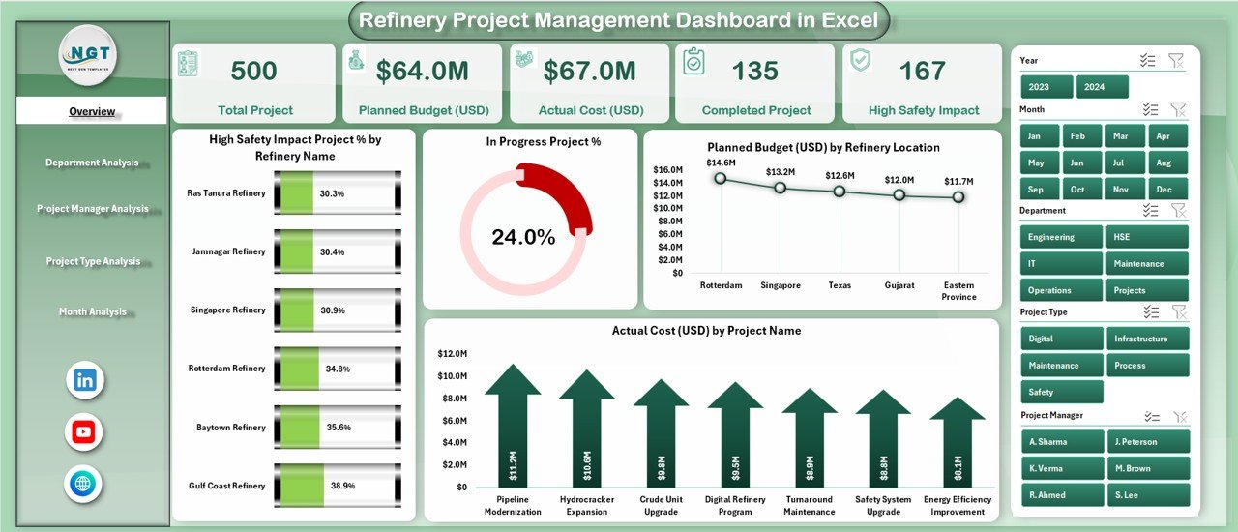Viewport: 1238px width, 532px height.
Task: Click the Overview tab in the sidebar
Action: coord(92,111)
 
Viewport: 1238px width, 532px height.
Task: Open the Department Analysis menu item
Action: coord(92,163)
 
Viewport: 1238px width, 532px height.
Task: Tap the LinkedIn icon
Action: coord(84,380)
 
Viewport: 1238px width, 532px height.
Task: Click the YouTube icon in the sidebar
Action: coord(84,432)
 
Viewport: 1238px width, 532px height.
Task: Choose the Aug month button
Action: coord(1164,163)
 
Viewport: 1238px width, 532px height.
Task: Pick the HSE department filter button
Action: coord(1147,237)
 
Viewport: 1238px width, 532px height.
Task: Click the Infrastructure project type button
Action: coord(1147,339)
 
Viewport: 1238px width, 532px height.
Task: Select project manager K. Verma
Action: coord(1061,468)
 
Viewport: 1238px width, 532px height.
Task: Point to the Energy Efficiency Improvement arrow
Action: coord(958,445)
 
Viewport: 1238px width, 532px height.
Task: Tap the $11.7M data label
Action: coord(958,181)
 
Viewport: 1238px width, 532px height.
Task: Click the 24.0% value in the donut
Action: coord(523,237)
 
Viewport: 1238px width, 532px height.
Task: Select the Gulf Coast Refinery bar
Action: coord(338,486)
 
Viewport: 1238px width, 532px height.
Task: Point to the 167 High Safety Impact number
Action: coord(922,71)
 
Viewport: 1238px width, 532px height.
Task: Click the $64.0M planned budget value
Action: coord(422,71)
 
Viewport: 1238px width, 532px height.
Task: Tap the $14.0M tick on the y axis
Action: coord(669,183)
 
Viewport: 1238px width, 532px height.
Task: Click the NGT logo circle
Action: coord(88,55)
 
